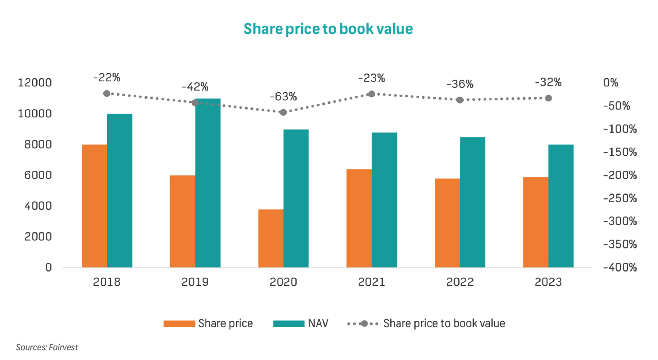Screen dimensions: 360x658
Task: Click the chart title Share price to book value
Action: [328, 29]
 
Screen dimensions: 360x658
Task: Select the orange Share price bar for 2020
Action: [271, 238]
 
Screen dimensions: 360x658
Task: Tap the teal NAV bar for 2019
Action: [208, 183]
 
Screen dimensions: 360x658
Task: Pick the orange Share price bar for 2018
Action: [94, 206]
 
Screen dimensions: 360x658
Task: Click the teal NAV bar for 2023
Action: [561, 206]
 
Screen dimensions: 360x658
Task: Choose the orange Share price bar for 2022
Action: [447, 223]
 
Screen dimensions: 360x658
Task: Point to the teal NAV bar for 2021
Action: [385, 200]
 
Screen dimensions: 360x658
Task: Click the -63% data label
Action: [283, 97]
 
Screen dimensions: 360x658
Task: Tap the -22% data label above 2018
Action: [106, 78]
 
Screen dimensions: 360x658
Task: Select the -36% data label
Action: [460, 84]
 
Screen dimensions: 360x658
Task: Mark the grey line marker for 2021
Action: [372, 94]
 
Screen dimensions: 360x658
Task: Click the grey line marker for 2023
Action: [549, 98]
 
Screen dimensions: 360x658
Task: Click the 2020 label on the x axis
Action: [283, 282]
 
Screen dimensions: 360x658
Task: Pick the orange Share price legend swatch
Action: [179, 323]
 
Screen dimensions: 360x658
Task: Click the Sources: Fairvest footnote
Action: [47, 348]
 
